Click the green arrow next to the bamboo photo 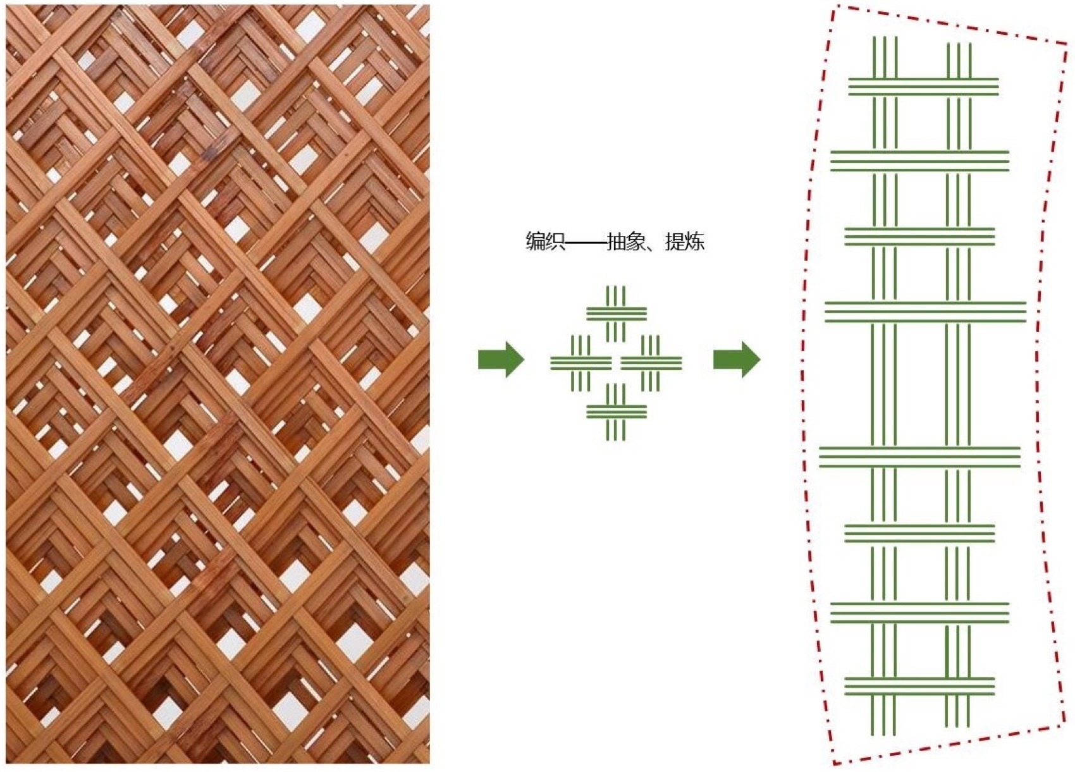click(501, 359)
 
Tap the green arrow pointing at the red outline click(737, 359)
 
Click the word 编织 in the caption click(545, 242)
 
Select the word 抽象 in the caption click(626, 242)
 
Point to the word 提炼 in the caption click(685, 242)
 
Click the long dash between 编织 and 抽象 click(586, 243)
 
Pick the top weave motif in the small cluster click(617, 314)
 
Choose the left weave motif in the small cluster click(580, 363)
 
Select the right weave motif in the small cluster click(651, 363)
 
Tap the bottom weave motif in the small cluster click(617, 412)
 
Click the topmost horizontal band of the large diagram click(923, 87)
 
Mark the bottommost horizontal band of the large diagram click(919, 686)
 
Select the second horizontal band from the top click(919, 161)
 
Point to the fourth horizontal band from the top click(925, 312)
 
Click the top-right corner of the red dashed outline click(1068, 45)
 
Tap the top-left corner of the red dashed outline click(833, 6)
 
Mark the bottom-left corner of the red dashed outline click(834, 763)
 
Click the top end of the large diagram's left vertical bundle click(884, 37)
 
